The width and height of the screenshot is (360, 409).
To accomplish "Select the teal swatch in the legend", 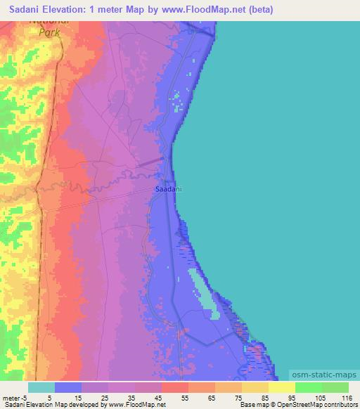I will tap(41, 387).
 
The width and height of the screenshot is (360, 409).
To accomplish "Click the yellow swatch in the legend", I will tap(282, 387).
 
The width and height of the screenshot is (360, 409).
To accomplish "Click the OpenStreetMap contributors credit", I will tap(324, 405).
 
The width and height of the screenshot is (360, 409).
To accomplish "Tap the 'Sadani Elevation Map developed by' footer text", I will tap(49, 405).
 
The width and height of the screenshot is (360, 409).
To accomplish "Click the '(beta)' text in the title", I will tap(258, 10).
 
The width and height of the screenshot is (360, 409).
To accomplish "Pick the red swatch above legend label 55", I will tap(175, 387).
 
